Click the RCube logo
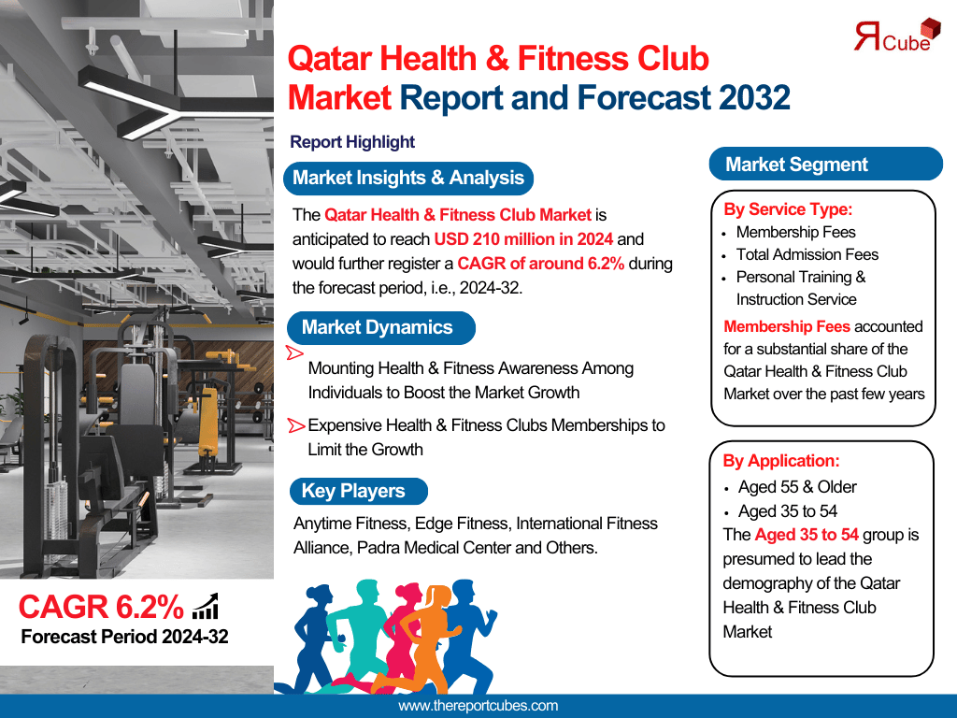point(896,36)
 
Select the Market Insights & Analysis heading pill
point(408,179)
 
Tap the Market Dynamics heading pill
point(380,328)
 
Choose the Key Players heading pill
point(358,491)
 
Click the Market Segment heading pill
point(826,165)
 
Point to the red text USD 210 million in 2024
point(523,239)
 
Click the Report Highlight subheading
point(352,142)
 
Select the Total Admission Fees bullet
point(807,254)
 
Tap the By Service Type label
point(788,209)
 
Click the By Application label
point(781,461)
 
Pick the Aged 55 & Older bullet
point(797,487)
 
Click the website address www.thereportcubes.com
point(478,706)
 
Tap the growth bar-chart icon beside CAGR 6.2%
point(206,606)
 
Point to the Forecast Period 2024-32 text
point(124,637)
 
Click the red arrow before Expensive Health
point(296,425)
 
